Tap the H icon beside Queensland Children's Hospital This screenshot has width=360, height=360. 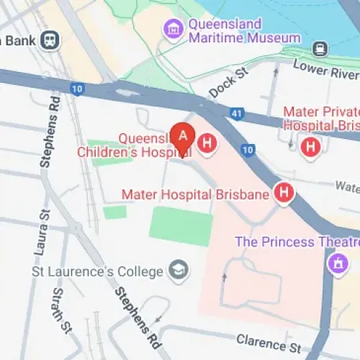pyautogui.click(x=207, y=143)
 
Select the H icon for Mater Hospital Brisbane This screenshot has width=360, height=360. pyautogui.click(x=285, y=193)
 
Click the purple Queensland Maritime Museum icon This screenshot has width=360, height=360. pyautogui.click(x=173, y=30)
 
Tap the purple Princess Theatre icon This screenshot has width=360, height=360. pyautogui.click(x=336, y=263)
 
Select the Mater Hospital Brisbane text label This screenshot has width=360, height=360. pyautogui.click(x=196, y=194)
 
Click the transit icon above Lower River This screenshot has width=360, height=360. pyautogui.click(x=319, y=49)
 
